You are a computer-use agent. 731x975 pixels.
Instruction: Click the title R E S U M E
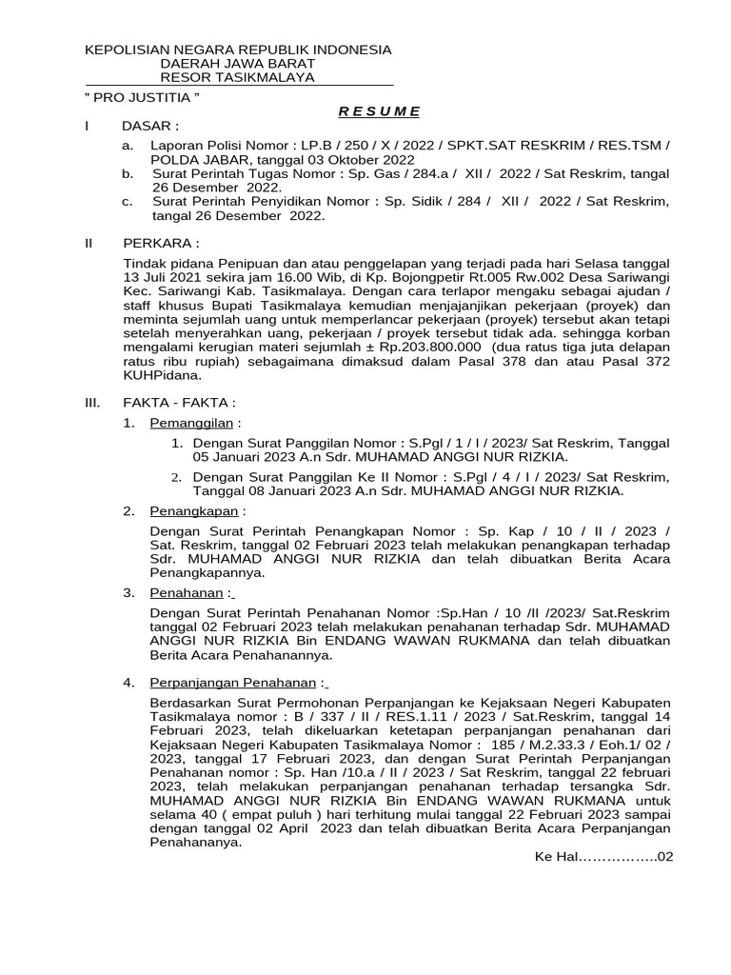[x=380, y=111]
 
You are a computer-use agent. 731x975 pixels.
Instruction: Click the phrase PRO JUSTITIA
[x=144, y=97]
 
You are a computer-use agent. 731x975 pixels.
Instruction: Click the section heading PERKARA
[x=161, y=243]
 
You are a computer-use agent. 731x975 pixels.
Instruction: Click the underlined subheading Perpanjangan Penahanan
[x=232, y=683]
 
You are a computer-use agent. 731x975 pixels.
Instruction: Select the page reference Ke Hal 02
[x=604, y=857]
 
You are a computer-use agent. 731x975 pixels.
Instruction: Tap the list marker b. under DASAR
[x=128, y=174]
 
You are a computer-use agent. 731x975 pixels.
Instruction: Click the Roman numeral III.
[x=92, y=403]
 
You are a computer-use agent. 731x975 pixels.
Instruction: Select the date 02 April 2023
[x=270, y=828]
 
